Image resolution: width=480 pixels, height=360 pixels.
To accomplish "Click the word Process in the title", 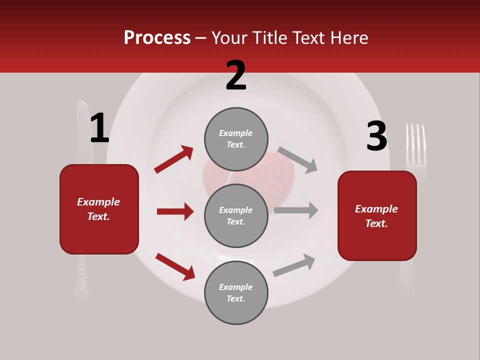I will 157,38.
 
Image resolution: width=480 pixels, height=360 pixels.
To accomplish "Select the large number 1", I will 99,128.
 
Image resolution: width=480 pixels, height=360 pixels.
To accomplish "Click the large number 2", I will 236,75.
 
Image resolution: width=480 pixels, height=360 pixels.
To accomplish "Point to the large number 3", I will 376,136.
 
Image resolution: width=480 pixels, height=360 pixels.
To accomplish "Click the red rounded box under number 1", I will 99,209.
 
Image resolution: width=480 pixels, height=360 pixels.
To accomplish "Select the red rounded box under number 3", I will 377,216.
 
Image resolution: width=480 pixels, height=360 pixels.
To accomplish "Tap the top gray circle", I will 236,139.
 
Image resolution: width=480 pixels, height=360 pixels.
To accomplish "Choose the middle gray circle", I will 236,215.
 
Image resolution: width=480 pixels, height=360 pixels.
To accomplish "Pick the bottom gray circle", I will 236,292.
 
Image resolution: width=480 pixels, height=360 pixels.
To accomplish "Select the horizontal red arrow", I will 175,211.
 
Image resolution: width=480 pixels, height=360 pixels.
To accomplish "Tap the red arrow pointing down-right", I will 175,266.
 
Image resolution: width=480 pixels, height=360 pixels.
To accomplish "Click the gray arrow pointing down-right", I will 297,159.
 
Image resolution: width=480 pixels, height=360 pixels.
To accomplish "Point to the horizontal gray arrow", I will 296,210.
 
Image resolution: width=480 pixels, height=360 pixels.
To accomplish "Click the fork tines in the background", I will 415,145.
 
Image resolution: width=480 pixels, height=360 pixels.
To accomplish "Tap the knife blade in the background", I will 83,130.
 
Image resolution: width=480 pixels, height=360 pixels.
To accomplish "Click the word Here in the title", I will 349,38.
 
